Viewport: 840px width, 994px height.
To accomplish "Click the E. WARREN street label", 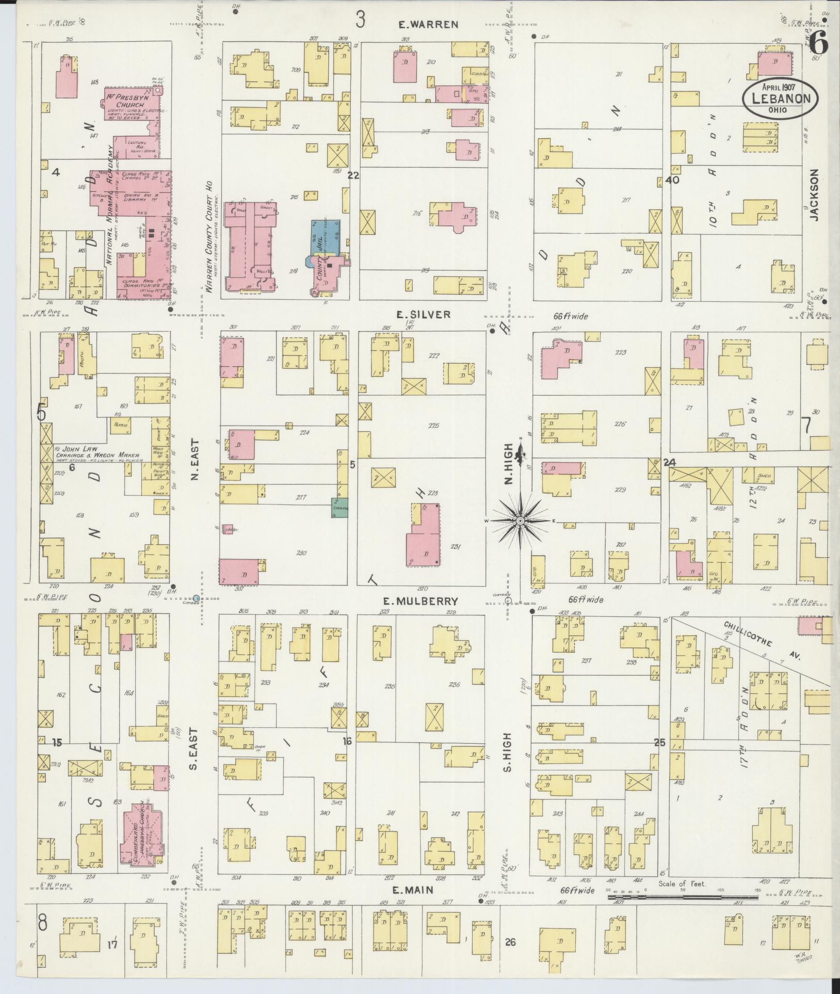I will pos(428,24).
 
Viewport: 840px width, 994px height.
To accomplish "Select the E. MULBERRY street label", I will pos(428,601).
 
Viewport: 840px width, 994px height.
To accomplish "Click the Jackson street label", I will pos(815,195).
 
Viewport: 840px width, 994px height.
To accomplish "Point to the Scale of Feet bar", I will pos(684,898).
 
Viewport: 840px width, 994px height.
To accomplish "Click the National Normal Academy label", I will pos(110,205).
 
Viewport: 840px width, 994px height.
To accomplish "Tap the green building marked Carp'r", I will pos(341,508).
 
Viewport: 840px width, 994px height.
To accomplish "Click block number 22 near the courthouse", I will pos(353,176).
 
